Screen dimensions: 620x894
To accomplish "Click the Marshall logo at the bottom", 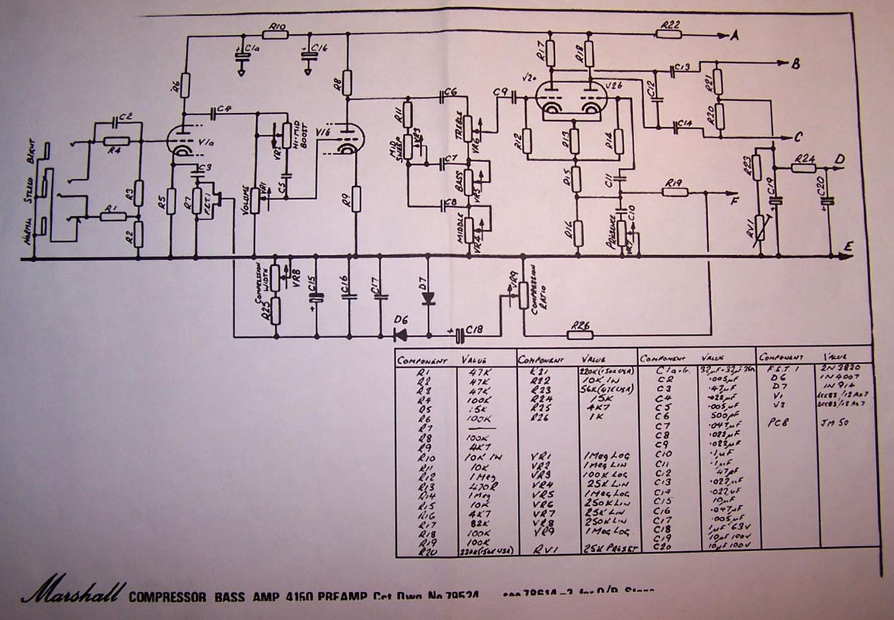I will click(72, 594).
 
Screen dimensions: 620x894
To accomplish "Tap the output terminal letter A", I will click(735, 35).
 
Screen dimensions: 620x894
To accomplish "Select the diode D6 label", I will click(401, 319).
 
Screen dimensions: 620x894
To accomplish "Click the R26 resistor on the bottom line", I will click(580, 335).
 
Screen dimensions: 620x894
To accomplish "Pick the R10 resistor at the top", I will click(274, 33).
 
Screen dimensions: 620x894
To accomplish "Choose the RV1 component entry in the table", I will click(533, 548).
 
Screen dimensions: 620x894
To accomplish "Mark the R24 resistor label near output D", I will click(805, 157).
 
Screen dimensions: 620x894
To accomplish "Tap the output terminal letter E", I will click(850, 248).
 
